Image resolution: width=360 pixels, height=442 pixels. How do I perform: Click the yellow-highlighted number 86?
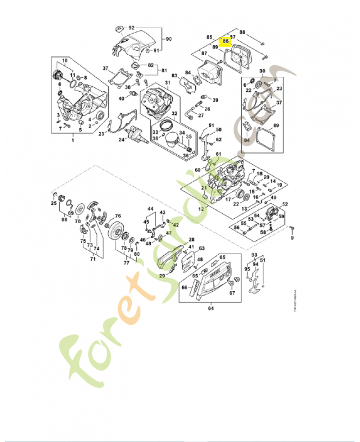(225, 41)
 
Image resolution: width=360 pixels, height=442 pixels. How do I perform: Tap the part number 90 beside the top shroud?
(170, 39)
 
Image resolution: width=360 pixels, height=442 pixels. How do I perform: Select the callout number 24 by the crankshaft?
(121, 140)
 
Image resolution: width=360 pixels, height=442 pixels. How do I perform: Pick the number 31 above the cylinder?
(167, 83)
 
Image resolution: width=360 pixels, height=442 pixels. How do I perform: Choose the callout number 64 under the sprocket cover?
(210, 308)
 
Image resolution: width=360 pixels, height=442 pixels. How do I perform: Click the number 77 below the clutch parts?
(126, 263)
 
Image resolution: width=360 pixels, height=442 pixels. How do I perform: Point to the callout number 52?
(285, 204)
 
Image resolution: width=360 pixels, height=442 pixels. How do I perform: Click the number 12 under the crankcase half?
(201, 210)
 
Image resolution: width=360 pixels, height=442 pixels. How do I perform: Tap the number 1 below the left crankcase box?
(72, 141)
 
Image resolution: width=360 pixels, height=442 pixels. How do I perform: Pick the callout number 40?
(121, 98)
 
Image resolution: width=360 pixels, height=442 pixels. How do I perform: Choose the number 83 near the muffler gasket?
(174, 75)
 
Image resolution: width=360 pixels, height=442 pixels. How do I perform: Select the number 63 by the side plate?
(202, 249)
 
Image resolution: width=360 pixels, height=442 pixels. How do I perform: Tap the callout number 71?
(85, 258)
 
